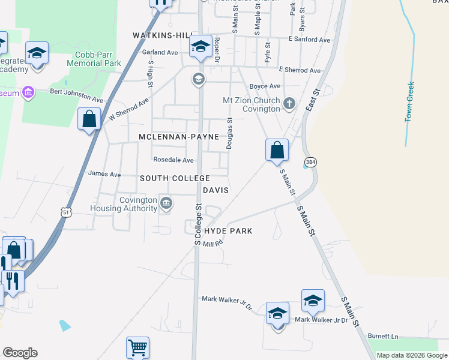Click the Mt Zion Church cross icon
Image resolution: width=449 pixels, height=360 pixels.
coord(289,104)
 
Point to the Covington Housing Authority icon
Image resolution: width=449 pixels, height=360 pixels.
coord(166,204)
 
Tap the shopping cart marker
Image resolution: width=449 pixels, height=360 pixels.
coord(138,347)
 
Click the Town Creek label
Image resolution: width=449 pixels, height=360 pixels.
coord(411,102)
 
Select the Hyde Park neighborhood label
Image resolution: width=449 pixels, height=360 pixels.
coord(228,231)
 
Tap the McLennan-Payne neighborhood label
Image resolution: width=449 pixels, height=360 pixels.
coord(179,137)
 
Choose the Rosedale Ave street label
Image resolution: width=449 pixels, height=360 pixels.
coord(173,160)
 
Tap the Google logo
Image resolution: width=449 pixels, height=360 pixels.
coord(20,353)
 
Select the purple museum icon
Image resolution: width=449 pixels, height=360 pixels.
coord(27,92)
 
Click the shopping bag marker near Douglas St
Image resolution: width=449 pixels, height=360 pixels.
coord(277,149)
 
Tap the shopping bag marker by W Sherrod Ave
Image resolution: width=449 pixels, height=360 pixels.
coord(89,119)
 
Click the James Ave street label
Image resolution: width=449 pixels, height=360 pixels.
coord(104,175)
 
